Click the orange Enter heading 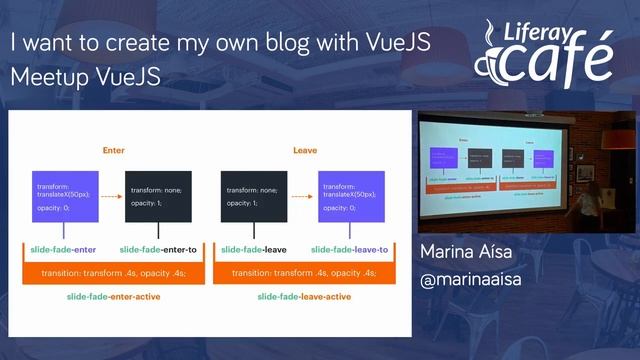point(113,150)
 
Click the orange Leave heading point(305,150)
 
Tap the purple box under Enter point(64,195)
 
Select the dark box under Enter point(158,195)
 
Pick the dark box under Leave point(255,195)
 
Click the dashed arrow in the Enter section point(112,196)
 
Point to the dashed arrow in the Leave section point(303,196)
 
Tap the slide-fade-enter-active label point(109,297)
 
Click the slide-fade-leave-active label point(303,297)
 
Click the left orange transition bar point(114,273)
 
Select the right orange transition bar point(304,273)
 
